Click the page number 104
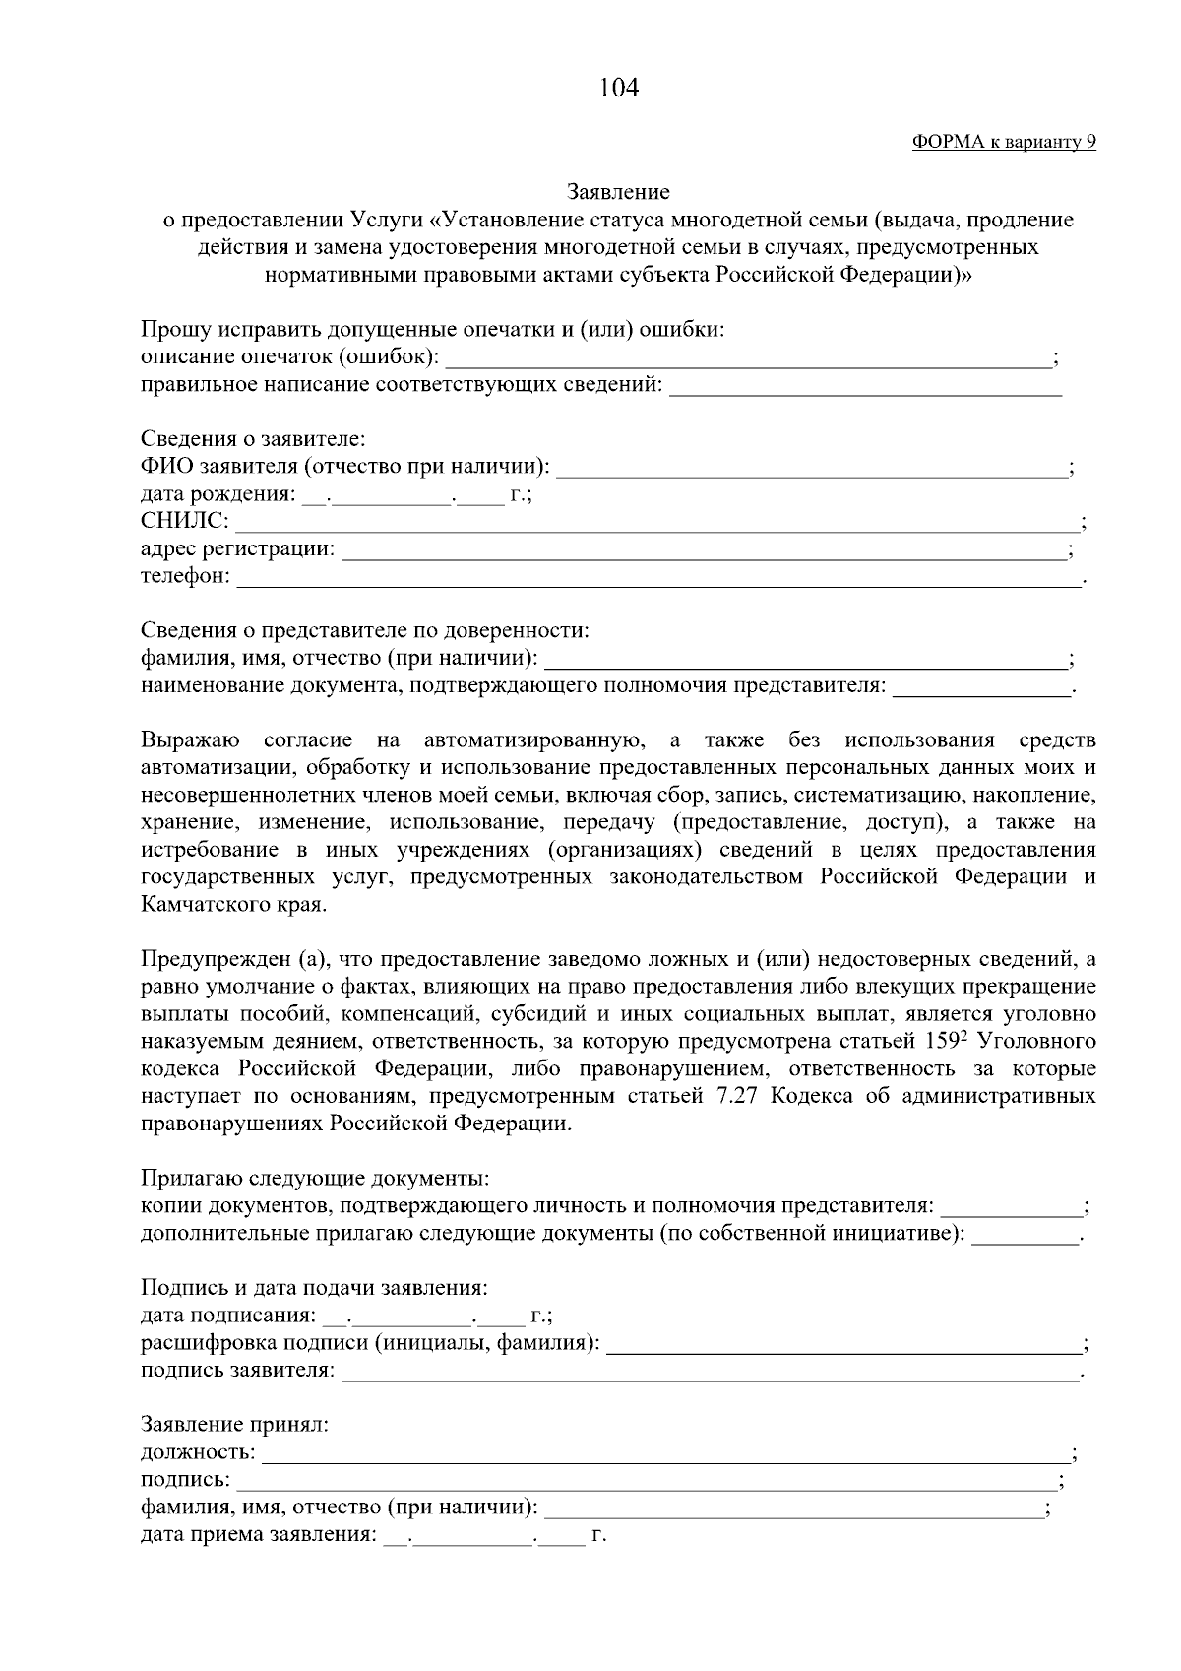[x=619, y=89]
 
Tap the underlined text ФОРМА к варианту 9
[x=1004, y=142]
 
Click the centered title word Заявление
[x=619, y=192]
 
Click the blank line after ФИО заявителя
[x=812, y=468]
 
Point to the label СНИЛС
[x=184, y=521]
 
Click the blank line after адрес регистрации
[x=704, y=549]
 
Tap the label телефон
[x=185, y=576]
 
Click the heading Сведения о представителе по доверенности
[x=365, y=631]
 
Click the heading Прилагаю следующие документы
[x=315, y=1179]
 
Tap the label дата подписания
[x=228, y=1316]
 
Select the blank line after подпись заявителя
[x=709, y=1372]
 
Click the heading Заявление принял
[x=234, y=1425]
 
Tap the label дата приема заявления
[x=258, y=1534]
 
